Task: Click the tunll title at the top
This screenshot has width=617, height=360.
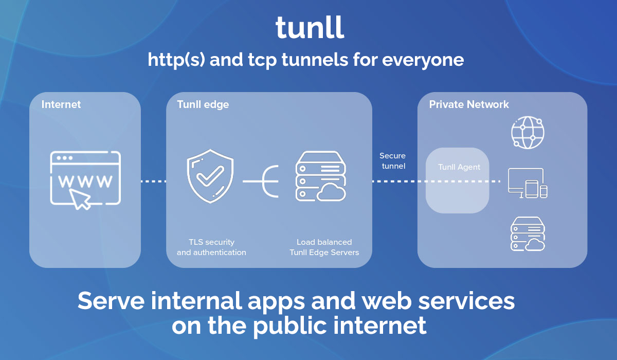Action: (309, 28)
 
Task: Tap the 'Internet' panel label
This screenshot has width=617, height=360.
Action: (61, 104)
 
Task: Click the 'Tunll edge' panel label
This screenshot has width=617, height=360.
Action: (203, 104)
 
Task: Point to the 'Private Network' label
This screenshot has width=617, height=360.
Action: (469, 104)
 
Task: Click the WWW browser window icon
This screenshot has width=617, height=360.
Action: (85, 177)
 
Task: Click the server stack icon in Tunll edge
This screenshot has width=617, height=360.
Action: (320, 176)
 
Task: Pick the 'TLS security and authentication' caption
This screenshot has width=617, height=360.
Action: (211, 247)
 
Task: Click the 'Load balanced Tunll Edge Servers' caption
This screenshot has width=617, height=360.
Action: (324, 247)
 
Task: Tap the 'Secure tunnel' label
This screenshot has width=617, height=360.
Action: (392, 160)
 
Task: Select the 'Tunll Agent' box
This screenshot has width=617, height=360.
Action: (457, 180)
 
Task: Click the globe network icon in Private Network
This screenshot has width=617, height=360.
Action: (527, 132)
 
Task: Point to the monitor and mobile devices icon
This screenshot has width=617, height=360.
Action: (527, 183)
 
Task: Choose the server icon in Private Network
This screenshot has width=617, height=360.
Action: (527, 234)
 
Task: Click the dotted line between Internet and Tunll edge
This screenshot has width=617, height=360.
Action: (153, 181)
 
